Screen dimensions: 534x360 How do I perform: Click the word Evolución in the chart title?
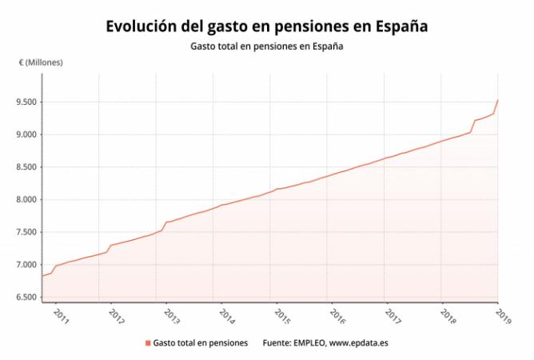click(141, 26)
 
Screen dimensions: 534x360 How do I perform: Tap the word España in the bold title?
click(401, 26)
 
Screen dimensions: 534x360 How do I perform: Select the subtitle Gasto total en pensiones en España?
click(267, 46)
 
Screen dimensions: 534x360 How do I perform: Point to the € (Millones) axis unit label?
click(41, 62)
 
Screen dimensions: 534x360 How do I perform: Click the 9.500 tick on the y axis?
click(26, 102)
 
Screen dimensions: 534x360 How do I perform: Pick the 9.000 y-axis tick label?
click(26, 134)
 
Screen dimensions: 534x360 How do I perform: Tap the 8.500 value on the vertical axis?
click(26, 167)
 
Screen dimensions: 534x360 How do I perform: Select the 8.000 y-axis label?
click(26, 199)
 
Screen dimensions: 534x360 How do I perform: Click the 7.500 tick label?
click(26, 232)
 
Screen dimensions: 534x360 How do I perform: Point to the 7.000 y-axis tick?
click(26, 265)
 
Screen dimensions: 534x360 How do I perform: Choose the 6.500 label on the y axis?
click(26, 297)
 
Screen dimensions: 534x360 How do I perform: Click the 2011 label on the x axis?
click(62, 317)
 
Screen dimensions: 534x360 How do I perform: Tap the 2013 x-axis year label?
click(172, 317)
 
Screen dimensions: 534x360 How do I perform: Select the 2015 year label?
click(282, 317)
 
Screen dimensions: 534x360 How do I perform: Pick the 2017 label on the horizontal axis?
click(393, 317)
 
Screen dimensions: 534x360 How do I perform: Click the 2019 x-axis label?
click(503, 317)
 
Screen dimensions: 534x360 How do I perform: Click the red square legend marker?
click(148, 343)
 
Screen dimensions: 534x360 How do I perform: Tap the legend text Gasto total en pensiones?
click(200, 343)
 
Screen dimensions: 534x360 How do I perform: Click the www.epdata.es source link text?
click(359, 343)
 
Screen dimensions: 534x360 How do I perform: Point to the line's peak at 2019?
click(498, 100)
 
